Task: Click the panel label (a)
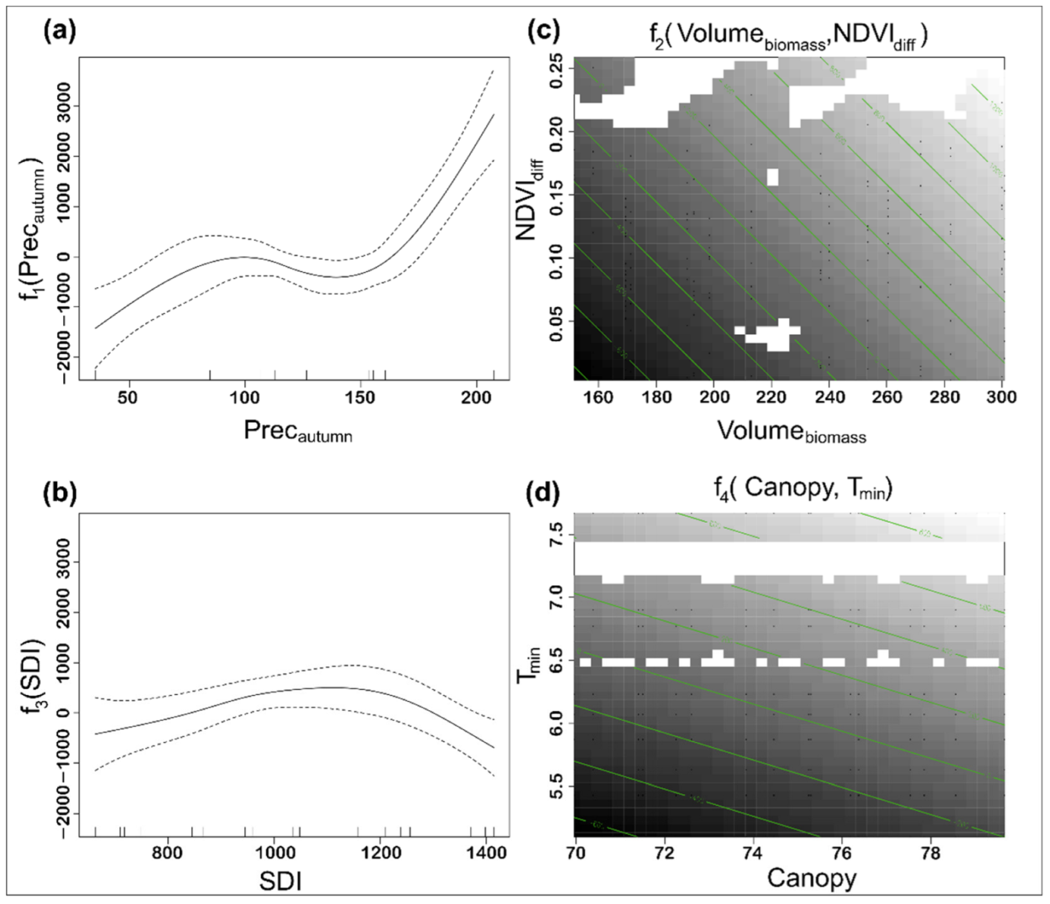click(x=59, y=32)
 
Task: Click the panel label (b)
click(x=59, y=493)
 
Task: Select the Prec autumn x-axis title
click(x=297, y=431)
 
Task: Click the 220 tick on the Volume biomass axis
click(x=772, y=397)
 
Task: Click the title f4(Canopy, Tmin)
click(x=802, y=490)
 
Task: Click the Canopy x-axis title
click(x=812, y=878)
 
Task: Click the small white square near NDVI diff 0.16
click(x=773, y=176)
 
